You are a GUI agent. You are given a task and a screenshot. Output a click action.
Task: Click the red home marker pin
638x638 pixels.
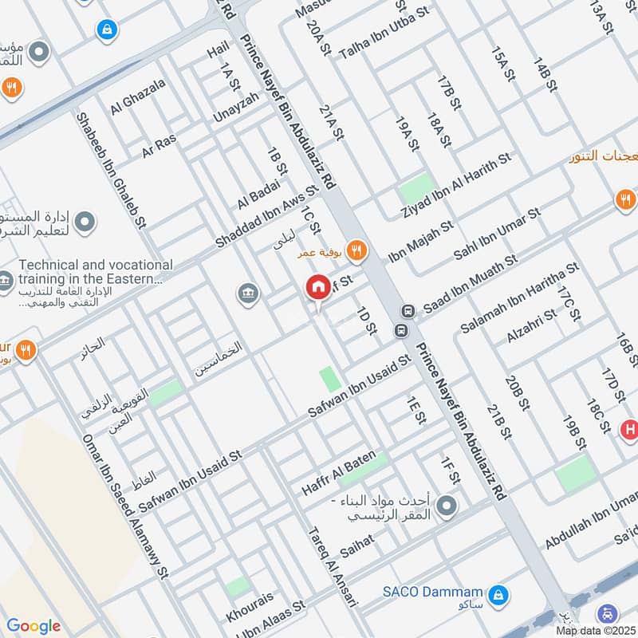coord(317,287)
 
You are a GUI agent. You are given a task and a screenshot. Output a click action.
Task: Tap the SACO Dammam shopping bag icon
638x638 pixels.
coord(499,593)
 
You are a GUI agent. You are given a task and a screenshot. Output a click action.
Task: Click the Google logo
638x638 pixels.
coord(33,626)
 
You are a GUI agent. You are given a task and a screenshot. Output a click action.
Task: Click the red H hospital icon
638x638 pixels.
coord(629,430)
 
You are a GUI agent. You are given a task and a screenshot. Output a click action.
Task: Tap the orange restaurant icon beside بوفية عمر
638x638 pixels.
coord(356,251)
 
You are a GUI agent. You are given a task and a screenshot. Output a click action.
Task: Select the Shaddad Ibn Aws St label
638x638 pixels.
coord(266,215)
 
